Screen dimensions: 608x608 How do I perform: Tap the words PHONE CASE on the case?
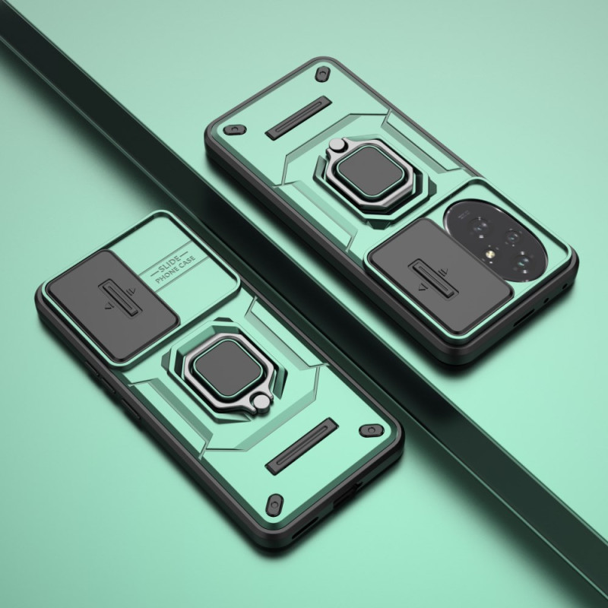click(175, 270)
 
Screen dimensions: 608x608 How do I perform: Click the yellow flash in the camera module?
click(490, 254)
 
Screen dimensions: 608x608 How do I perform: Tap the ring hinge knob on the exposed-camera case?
click(337, 144)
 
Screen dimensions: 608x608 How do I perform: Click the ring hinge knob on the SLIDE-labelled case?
click(261, 402)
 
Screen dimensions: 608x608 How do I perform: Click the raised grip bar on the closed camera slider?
click(119, 297)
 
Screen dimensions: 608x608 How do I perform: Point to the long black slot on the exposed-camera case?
click(299, 118)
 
